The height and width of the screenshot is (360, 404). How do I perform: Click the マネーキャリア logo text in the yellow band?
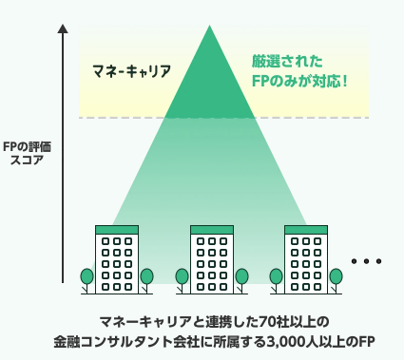[131, 71]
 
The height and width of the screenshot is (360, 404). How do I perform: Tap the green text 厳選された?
[287, 61]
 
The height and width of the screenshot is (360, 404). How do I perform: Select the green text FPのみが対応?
[299, 81]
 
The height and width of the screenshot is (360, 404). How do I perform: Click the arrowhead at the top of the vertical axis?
[63, 28]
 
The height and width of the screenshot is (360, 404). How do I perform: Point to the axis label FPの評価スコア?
[27, 153]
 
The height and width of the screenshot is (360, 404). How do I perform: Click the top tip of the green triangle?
[209, 26]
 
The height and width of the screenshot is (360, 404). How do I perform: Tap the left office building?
[117, 259]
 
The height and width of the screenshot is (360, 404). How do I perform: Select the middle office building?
[212, 259]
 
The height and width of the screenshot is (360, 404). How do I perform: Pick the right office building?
[306, 259]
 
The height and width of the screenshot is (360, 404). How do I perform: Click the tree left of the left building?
[87, 280]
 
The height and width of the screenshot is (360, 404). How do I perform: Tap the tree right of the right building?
[336, 280]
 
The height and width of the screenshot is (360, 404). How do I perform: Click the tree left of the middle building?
[182, 280]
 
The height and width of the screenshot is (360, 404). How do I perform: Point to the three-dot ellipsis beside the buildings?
[366, 261]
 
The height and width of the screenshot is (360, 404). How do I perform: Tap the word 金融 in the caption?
[67, 342]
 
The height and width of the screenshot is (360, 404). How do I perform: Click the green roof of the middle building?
[212, 230]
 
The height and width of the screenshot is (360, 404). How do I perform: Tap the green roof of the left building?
[117, 230]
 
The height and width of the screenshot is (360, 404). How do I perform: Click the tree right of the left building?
[146, 280]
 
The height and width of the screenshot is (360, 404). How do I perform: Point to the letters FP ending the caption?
[367, 342]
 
